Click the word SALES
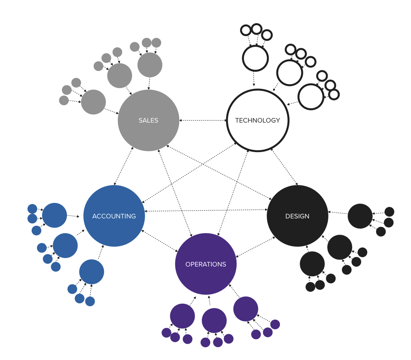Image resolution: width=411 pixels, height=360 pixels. (148, 120)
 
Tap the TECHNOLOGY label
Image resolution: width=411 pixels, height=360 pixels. (257, 120)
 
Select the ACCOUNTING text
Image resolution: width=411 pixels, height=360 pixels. (114, 216)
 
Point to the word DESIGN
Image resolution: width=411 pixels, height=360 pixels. (297, 216)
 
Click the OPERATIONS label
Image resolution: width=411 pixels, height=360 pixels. (205, 264)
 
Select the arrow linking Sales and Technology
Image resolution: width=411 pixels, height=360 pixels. (203, 120)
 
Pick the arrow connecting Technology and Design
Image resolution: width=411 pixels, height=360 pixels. (284, 167)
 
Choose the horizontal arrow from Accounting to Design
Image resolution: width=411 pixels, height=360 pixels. (206, 210)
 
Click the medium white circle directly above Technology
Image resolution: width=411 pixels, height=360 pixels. (255, 59)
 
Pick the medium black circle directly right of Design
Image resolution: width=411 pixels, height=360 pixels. (360, 216)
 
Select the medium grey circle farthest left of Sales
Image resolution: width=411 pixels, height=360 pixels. (93, 102)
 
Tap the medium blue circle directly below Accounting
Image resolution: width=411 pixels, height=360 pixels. (92, 272)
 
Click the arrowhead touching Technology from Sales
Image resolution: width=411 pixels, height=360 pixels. (225, 120)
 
